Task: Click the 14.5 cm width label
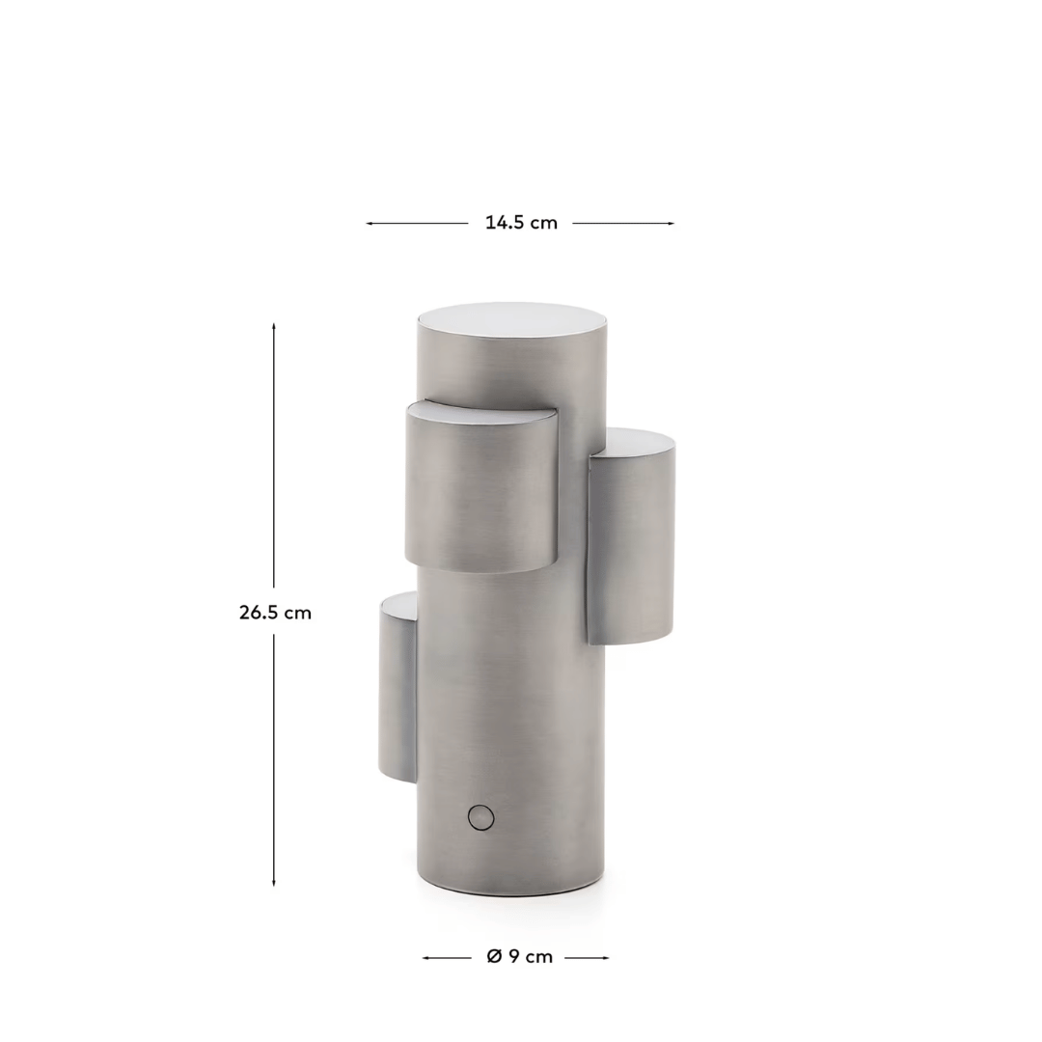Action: click(x=521, y=223)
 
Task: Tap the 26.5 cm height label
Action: click(x=275, y=612)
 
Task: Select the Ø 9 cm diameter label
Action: click(x=520, y=957)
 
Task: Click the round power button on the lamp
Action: click(x=481, y=817)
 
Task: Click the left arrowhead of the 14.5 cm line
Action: click(x=370, y=223)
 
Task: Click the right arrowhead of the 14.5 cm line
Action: click(x=671, y=223)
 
